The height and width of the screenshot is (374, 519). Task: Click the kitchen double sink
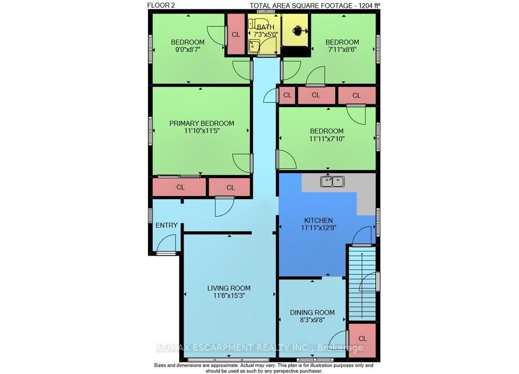click(332, 181)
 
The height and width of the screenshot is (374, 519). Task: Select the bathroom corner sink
click(254, 47)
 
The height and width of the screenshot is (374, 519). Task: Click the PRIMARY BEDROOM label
click(201, 123)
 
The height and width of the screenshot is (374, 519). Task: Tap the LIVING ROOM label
click(229, 288)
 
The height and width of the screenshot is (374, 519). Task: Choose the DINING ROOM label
click(312, 312)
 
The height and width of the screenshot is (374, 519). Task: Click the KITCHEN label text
click(319, 220)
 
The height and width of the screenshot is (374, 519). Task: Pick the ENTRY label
click(167, 225)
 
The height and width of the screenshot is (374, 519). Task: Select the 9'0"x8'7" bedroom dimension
click(187, 50)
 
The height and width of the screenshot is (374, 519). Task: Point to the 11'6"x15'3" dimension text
click(229, 296)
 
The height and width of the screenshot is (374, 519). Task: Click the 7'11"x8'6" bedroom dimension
click(342, 50)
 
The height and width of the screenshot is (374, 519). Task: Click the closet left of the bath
click(236, 34)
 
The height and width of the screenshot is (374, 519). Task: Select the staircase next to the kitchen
click(362, 283)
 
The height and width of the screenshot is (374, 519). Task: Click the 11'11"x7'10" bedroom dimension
click(326, 139)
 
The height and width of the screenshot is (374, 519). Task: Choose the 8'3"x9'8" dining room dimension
click(312, 320)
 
